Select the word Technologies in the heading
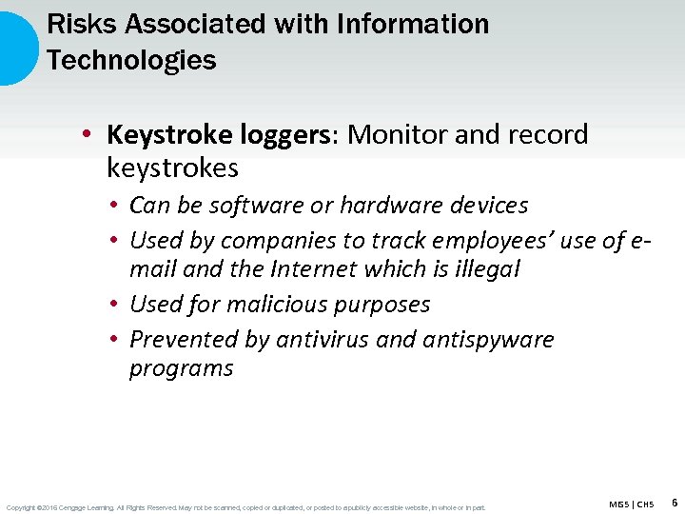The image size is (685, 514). [x=131, y=61]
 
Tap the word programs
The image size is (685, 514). [x=181, y=369]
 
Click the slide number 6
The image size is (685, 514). [x=675, y=502]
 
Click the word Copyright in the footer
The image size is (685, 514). [x=22, y=507]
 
